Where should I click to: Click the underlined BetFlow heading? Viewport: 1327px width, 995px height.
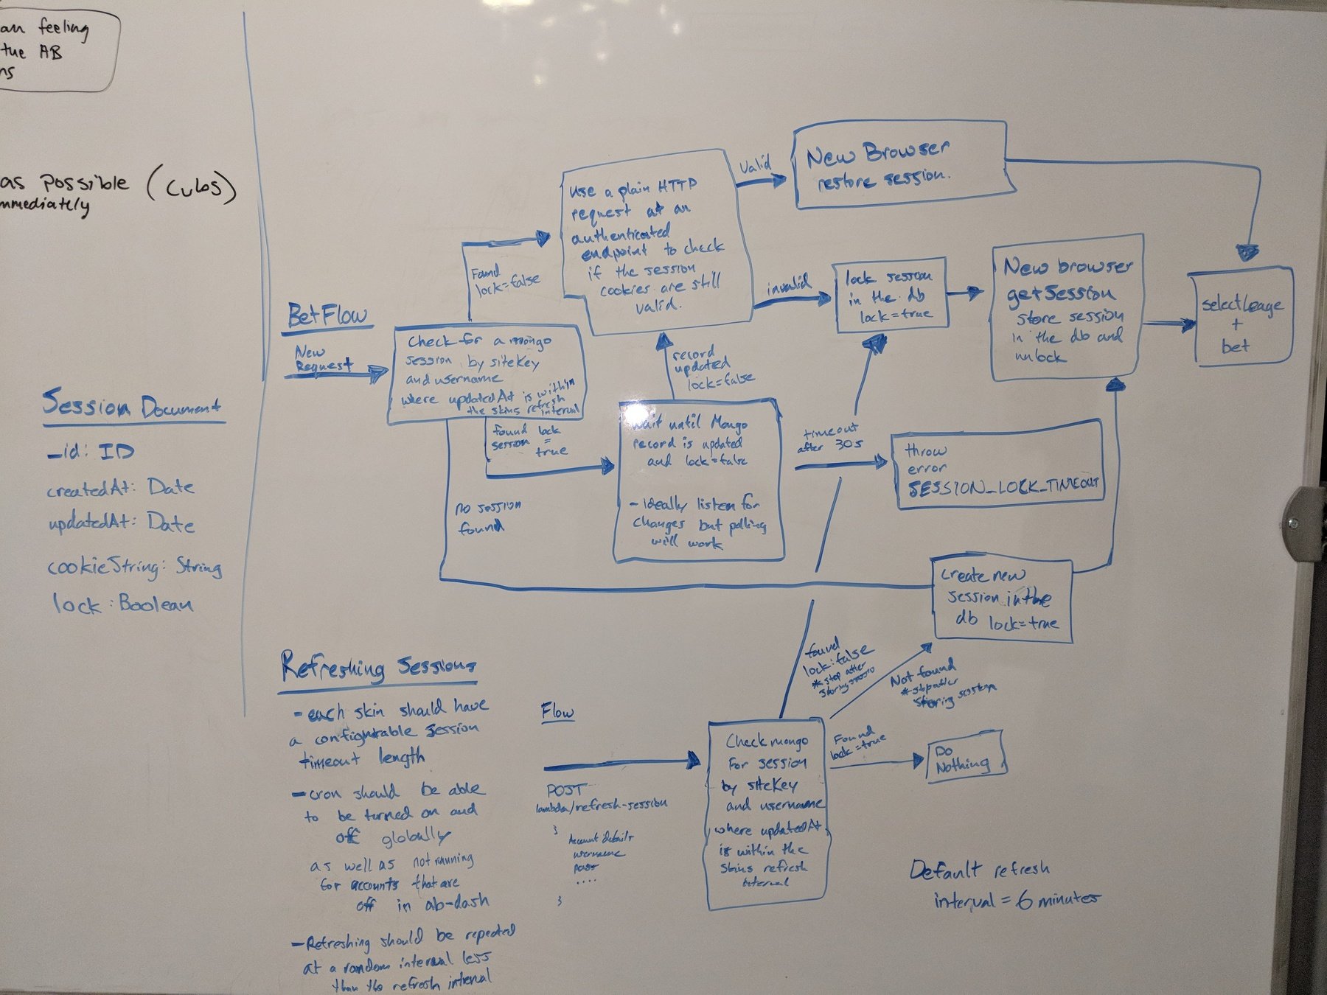[x=327, y=315]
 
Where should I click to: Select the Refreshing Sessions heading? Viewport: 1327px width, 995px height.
[x=377, y=668]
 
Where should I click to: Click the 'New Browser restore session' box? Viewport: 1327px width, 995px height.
[x=899, y=166]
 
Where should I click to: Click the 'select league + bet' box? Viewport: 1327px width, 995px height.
[x=1242, y=318]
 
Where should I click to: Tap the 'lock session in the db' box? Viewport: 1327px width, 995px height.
[x=891, y=296]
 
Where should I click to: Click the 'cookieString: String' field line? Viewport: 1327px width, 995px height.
[x=134, y=567]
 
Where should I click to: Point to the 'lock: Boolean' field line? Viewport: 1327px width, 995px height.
[x=122, y=604]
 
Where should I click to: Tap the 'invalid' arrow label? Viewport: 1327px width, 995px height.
[x=788, y=284]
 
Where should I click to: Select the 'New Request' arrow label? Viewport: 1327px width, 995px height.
[x=323, y=359]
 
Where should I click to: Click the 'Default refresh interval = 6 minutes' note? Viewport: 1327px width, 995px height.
[x=1003, y=884]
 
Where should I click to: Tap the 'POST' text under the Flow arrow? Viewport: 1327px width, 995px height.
[x=566, y=790]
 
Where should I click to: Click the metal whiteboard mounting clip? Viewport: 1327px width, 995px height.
[x=1302, y=524]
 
